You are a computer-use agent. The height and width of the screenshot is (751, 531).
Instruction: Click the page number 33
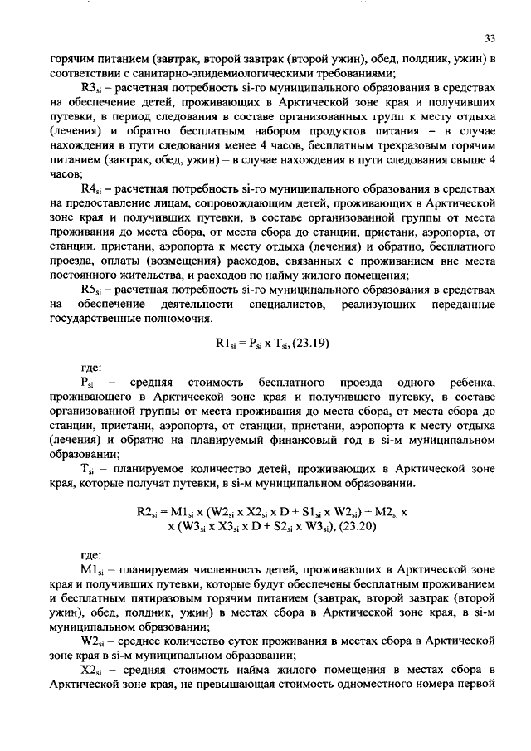coord(490,38)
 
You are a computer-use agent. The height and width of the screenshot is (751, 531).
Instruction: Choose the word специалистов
coord(284,305)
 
